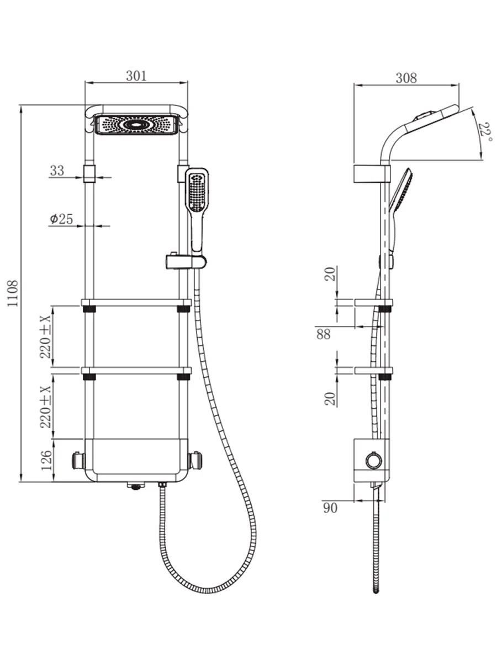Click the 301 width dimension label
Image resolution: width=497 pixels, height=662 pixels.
[136, 76]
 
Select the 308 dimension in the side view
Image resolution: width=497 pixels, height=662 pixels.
[406, 78]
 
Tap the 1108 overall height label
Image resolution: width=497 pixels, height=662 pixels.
[13, 293]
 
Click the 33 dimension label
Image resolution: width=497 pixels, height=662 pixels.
[57, 170]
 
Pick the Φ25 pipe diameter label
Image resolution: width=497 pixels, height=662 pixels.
[61, 219]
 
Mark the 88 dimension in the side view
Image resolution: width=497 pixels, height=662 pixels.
[324, 334]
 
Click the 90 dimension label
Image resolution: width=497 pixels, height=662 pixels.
[330, 508]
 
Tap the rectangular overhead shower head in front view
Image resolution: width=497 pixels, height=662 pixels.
[136, 125]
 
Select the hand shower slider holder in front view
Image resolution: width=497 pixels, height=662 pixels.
[186, 261]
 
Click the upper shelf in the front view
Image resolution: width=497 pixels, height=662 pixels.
[136, 302]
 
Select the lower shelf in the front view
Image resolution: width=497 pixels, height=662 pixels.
[136, 371]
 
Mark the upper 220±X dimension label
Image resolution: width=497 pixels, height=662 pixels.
[46, 337]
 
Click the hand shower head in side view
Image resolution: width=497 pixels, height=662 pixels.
[401, 190]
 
